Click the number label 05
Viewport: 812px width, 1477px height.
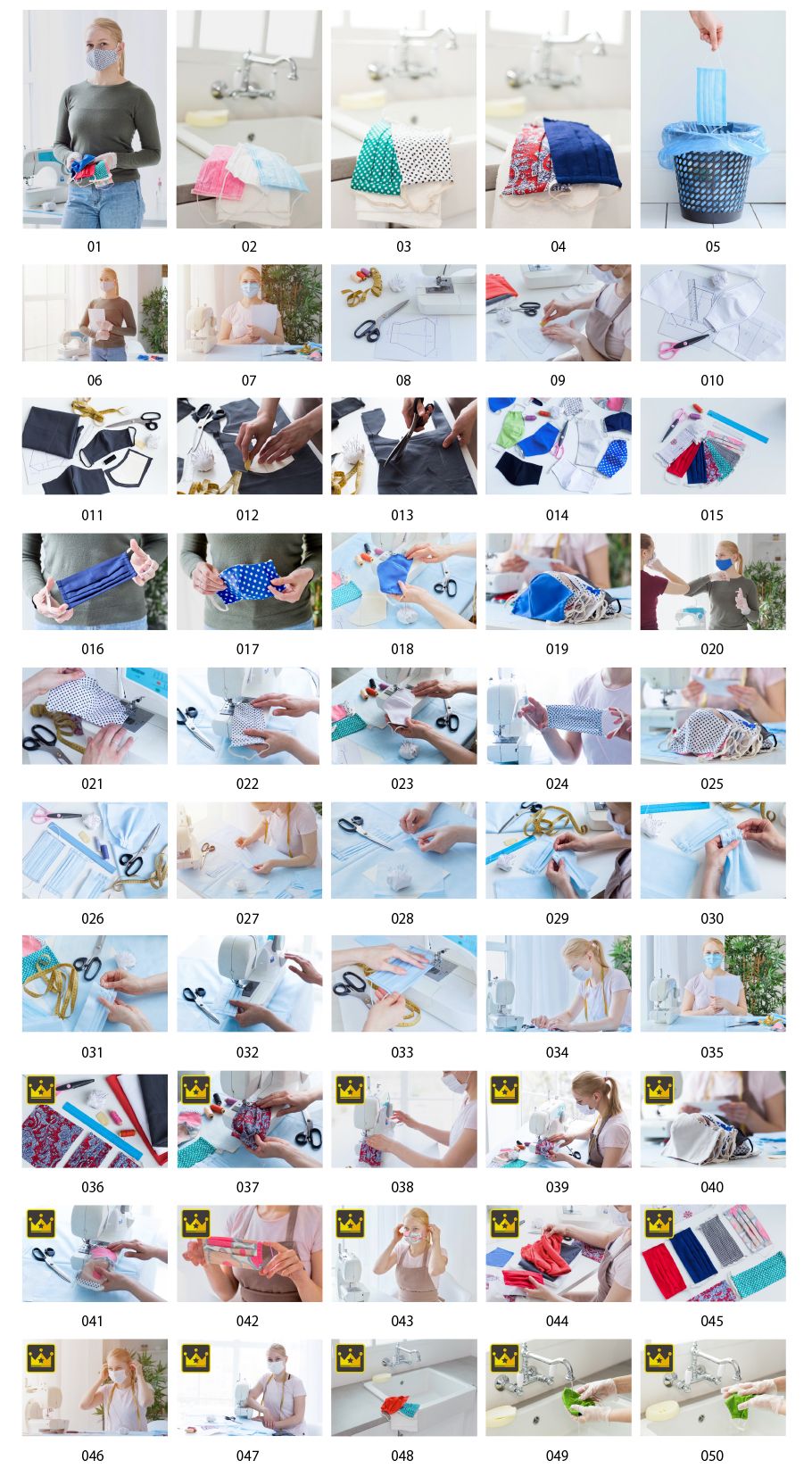click(x=712, y=246)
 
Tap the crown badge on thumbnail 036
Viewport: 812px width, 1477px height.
click(x=41, y=1090)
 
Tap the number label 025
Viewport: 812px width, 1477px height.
click(x=712, y=784)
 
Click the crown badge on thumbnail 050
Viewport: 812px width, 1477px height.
click(x=659, y=1358)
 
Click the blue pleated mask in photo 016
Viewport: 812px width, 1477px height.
click(x=96, y=578)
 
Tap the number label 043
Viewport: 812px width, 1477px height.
click(x=402, y=1322)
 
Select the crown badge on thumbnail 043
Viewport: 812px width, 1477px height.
click(x=350, y=1224)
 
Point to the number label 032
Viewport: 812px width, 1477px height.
click(x=247, y=1053)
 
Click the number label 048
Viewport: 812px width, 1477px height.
click(x=402, y=1456)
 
